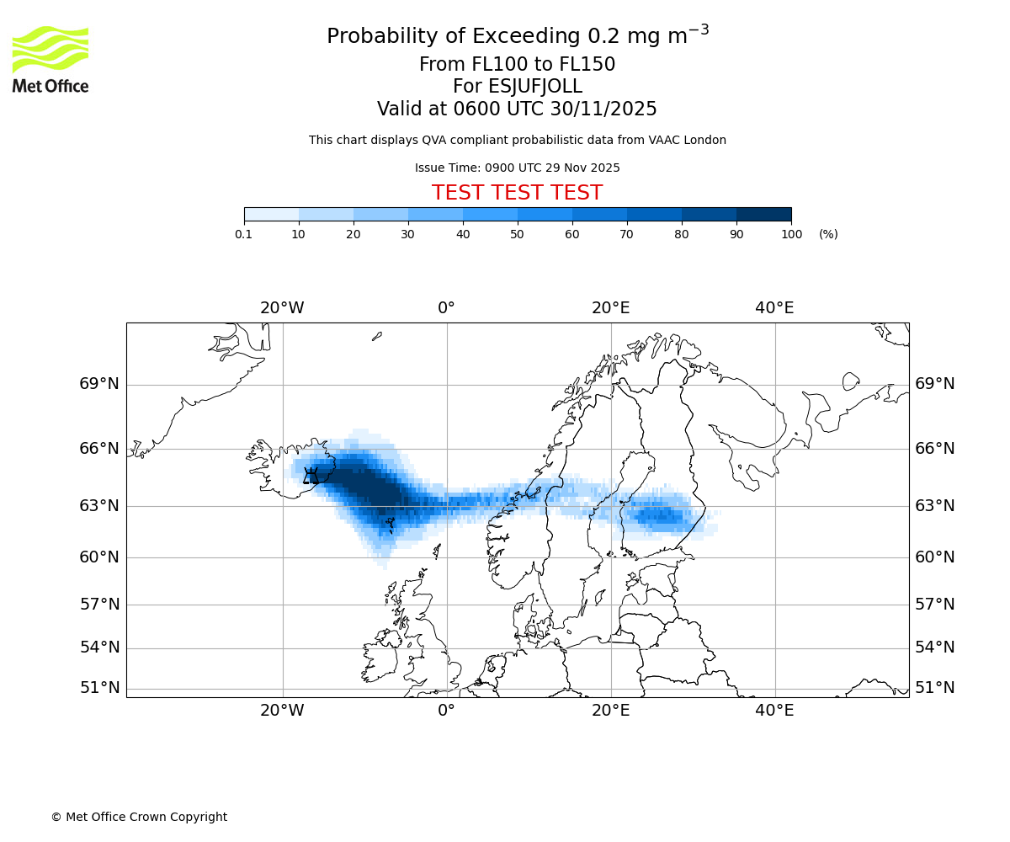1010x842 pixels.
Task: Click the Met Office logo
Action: point(50,59)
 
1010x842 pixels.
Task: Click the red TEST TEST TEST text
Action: point(517,193)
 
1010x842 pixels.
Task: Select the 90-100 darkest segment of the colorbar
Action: point(763,214)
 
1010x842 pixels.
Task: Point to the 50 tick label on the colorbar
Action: point(517,234)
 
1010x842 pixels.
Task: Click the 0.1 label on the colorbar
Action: point(243,234)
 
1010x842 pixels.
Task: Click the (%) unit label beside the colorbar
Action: point(828,234)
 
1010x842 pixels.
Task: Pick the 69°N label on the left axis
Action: point(99,384)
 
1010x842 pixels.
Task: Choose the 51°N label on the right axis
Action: point(935,688)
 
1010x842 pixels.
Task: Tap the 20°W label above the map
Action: point(282,308)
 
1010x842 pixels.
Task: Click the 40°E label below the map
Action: point(774,711)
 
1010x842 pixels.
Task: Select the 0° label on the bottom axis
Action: point(446,711)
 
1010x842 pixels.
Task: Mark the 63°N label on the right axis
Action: point(935,506)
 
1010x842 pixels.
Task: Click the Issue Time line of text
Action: point(517,168)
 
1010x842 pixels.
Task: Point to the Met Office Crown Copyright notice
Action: point(139,817)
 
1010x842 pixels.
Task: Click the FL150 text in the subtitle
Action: point(587,65)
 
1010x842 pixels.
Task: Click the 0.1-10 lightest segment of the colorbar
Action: point(271,214)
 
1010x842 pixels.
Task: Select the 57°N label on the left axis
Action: point(99,605)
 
